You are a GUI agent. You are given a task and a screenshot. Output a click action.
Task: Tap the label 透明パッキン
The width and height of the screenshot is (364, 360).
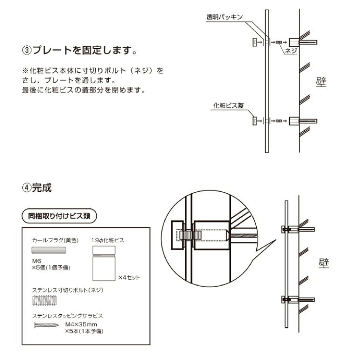[224, 17]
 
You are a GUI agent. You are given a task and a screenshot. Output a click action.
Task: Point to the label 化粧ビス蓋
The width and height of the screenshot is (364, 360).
[229, 106]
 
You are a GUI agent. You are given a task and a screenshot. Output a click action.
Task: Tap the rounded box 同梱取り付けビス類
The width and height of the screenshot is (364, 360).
[59, 216]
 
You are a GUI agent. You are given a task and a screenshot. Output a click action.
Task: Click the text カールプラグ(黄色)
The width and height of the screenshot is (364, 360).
[55, 240]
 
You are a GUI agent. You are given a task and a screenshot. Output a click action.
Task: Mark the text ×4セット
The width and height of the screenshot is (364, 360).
[129, 278]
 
